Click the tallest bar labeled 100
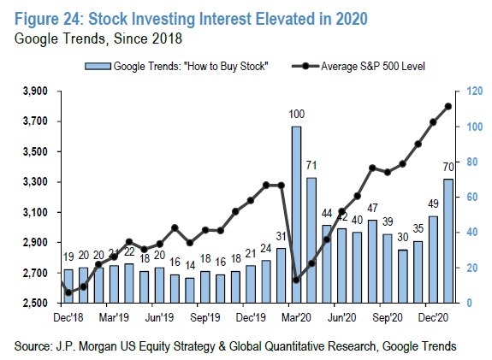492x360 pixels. pos(296,215)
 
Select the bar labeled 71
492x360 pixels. pos(311,240)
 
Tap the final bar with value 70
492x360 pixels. pos(448,241)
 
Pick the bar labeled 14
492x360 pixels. pos(189,291)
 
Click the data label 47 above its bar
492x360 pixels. pos(372,208)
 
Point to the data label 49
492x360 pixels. pos(433,204)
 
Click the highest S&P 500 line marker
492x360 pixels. pos(448,107)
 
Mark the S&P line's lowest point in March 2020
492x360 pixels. pos(296,280)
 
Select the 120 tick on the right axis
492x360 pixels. pos(474,91)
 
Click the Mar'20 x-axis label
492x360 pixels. pos(296,317)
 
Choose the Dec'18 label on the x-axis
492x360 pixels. pos(68,317)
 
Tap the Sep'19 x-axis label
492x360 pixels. pos(205,317)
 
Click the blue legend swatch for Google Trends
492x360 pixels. pos(98,66)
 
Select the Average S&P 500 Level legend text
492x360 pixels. pos(373,67)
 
